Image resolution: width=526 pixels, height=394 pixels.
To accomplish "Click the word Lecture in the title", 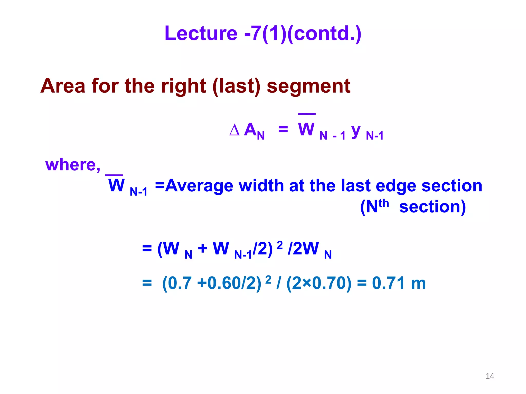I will tap(201, 33).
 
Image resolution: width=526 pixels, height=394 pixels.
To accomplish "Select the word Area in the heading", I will tap(63, 86).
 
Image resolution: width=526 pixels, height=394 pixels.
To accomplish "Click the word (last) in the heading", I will tap(236, 86).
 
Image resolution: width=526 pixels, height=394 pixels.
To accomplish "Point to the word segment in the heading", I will tap(308, 86).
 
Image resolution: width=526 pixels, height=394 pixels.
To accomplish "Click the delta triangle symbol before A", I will tap(234, 130).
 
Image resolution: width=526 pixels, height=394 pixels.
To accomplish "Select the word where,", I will tap(73, 165).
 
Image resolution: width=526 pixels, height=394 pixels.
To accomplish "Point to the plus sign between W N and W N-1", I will tap(202, 248).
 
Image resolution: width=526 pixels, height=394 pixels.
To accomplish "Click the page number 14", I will tap(490, 376).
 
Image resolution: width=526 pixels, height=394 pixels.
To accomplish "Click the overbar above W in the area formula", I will tap(307, 114).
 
